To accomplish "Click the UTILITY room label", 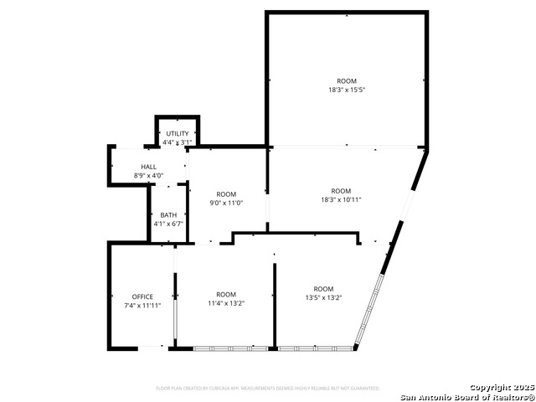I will (178, 134).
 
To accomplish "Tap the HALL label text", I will (149, 167).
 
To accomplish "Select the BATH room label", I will (169, 215).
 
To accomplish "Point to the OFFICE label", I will (142, 296).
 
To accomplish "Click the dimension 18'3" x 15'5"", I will (347, 90).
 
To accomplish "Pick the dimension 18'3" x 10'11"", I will (341, 199).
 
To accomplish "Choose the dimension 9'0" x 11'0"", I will (226, 203).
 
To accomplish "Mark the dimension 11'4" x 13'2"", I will (226, 303).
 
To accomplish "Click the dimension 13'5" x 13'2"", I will (323, 297).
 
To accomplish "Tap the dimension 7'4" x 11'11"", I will (142, 306).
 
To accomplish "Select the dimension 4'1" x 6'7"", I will (169, 224).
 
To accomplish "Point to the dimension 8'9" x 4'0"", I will (149, 175).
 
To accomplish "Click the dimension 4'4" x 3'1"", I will (178, 142).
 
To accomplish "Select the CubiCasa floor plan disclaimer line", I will (268, 389).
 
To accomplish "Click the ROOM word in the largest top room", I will (347, 81).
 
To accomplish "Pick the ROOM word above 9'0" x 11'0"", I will (226, 194).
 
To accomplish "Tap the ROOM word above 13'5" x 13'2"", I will (323, 289).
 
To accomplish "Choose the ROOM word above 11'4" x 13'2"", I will (226, 294).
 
